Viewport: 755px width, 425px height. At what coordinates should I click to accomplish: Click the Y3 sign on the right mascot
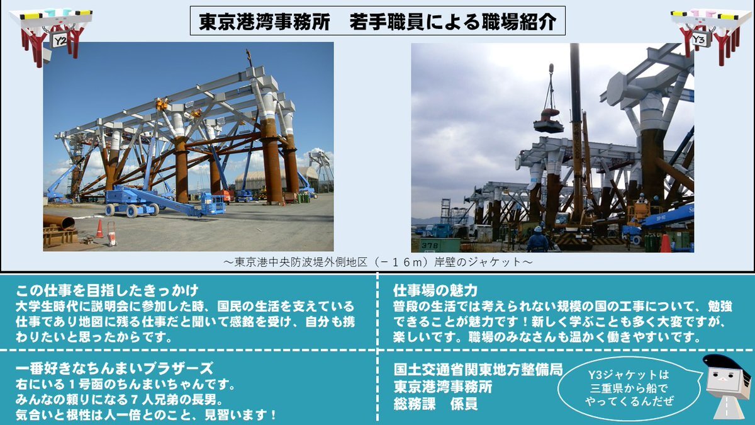700,40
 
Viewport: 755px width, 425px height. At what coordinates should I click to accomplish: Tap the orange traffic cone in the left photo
99,229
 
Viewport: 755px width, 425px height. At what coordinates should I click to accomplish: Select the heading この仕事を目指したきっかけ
107,290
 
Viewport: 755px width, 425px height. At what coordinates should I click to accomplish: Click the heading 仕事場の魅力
435,290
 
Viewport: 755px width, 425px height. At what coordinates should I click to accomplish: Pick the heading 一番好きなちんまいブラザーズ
115,368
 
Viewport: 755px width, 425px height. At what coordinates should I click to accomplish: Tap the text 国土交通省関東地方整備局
478,370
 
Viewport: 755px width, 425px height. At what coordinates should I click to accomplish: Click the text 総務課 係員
435,404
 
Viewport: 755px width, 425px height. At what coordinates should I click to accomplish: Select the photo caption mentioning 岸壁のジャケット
377,262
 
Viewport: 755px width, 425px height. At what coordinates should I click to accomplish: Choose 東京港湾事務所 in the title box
264,22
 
